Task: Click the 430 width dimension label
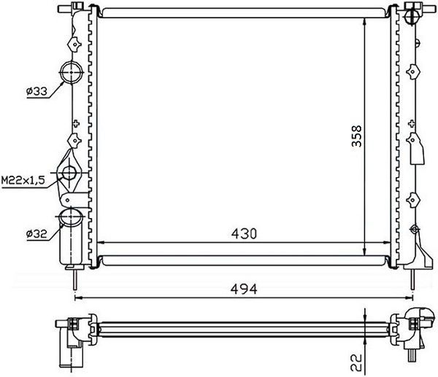pyautogui.click(x=244, y=234)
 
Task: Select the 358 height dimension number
pyautogui.click(x=357, y=136)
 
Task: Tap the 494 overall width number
pyautogui.click(x=244, y=289)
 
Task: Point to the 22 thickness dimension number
pyautogui.click(x=356, y=362)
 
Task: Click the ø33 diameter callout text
pyautogui.click(x=37, y=91)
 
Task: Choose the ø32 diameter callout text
pyautogui.click(x=36, y=233)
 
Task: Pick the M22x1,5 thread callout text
pyautogui.click(x=23, y=180)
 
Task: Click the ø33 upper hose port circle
pyautogui.click(x=72, y=72)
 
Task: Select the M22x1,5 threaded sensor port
pyautogui.click(x=69, y=173)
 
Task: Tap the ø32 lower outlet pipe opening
pyautogui.click(x=72, y=217)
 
